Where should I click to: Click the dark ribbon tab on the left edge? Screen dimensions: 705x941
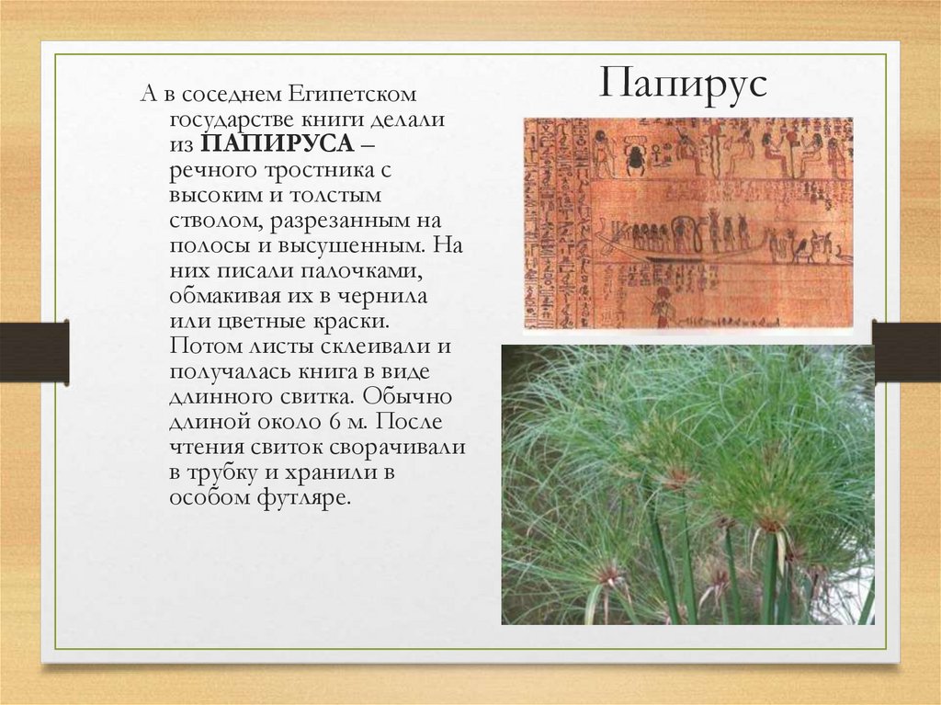point(34,351)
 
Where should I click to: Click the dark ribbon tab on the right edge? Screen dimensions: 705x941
point(906,351)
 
